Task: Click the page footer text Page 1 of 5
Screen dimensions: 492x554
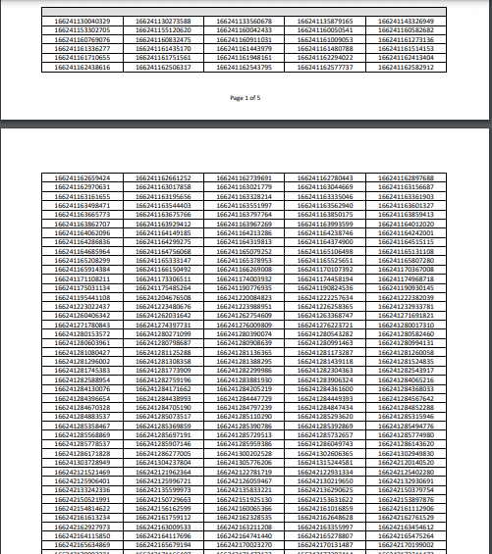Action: click(x=245, y=99)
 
